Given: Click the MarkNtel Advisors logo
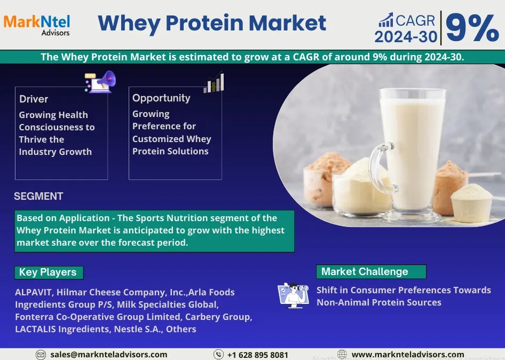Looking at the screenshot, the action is click(37, 25).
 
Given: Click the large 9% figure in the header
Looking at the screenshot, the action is click(472, 28).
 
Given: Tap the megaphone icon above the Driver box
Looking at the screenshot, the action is click(100, 82).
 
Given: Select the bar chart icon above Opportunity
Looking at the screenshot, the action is click(214, 82).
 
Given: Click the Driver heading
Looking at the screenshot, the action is click(34, 99).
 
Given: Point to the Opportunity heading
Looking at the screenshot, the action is click(161, 98).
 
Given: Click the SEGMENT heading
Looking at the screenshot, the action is click(38, 196).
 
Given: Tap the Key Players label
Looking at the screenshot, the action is click(49, 272).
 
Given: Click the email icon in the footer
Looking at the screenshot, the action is click(41, 355).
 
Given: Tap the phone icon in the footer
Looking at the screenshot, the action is click(218, 354).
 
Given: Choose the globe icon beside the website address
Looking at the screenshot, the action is click(342, 354).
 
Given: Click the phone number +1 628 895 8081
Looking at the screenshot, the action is click(258, 355).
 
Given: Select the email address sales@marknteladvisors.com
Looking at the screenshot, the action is click(108, 355).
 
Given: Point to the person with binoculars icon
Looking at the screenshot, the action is click(293, 295).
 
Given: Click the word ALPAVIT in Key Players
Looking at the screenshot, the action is click(33, 292).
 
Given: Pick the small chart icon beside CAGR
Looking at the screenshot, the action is click(385, 20).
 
